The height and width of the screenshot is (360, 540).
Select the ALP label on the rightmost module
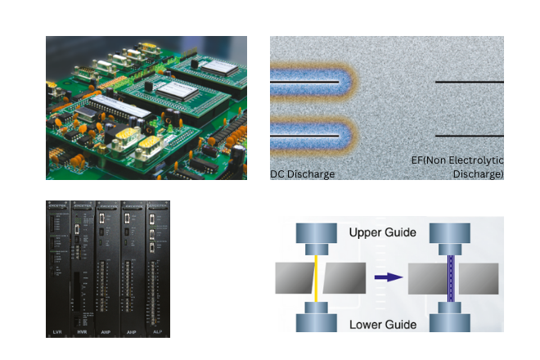[x=158, y=332]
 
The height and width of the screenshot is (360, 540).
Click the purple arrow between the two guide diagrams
[x=389, y=277]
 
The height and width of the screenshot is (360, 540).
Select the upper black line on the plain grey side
[x=469, y=83]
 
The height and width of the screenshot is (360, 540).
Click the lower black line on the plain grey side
[x=469, y=136]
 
